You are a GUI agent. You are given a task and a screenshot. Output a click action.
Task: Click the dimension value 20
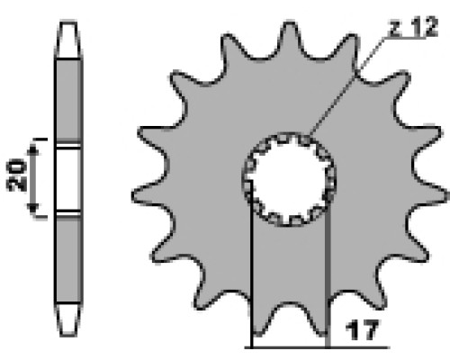tap(16, 175)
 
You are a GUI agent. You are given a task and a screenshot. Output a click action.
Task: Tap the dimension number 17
tap(362, 329)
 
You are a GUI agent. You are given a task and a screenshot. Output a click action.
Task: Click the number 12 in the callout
tap(423, 27)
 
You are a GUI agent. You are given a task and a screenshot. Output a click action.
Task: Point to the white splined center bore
tap(289, 179)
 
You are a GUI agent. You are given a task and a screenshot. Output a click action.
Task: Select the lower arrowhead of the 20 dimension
tap(32, 208)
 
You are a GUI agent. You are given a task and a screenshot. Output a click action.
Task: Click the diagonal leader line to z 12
tap(346, 87)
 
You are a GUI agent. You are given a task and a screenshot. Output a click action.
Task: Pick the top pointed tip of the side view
tap(68, 22)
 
